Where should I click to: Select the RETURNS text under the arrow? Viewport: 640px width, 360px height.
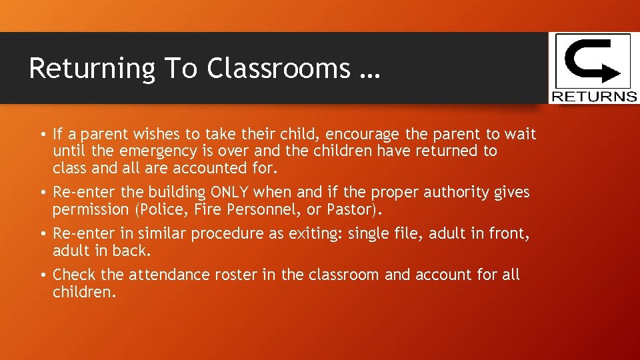coord(593,97)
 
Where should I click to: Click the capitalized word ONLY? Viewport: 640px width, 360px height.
coord(229,193)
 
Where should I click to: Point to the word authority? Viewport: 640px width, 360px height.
coord(457,193)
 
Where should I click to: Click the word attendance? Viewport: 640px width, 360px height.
coord(161,275)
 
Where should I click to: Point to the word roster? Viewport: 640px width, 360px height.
coord(227,275)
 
